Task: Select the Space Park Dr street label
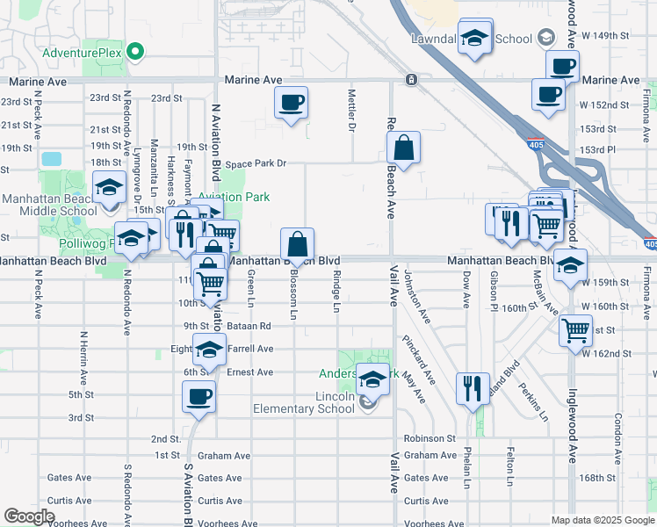click(256, 163)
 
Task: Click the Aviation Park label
click(235, 198)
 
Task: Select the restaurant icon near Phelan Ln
click(473, 387)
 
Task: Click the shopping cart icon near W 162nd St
click(576, 330)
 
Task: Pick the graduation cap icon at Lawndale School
click(474, 38)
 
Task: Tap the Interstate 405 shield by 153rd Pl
click(535, 142)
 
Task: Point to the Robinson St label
click(430, 437)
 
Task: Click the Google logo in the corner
click(29, 516)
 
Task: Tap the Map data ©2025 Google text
click(602, 520)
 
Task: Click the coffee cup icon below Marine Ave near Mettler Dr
click(291, 103)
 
